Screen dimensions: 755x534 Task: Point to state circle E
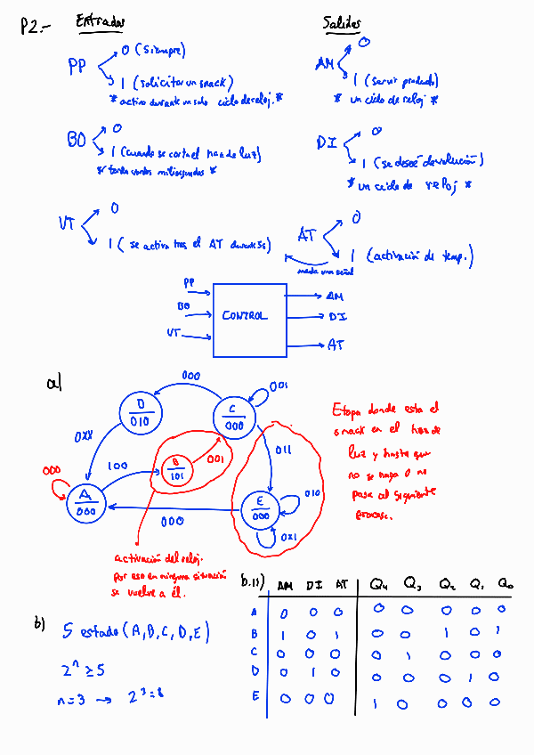point(260,510)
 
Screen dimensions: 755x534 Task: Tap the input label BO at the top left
point(77,140)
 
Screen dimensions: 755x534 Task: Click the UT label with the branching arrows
point(68,223)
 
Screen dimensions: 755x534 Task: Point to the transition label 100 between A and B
point(117,466)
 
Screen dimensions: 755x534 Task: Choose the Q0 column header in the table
point(506,585)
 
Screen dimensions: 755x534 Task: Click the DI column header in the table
point(313,586)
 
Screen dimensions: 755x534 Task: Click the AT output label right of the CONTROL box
point(335,344)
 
